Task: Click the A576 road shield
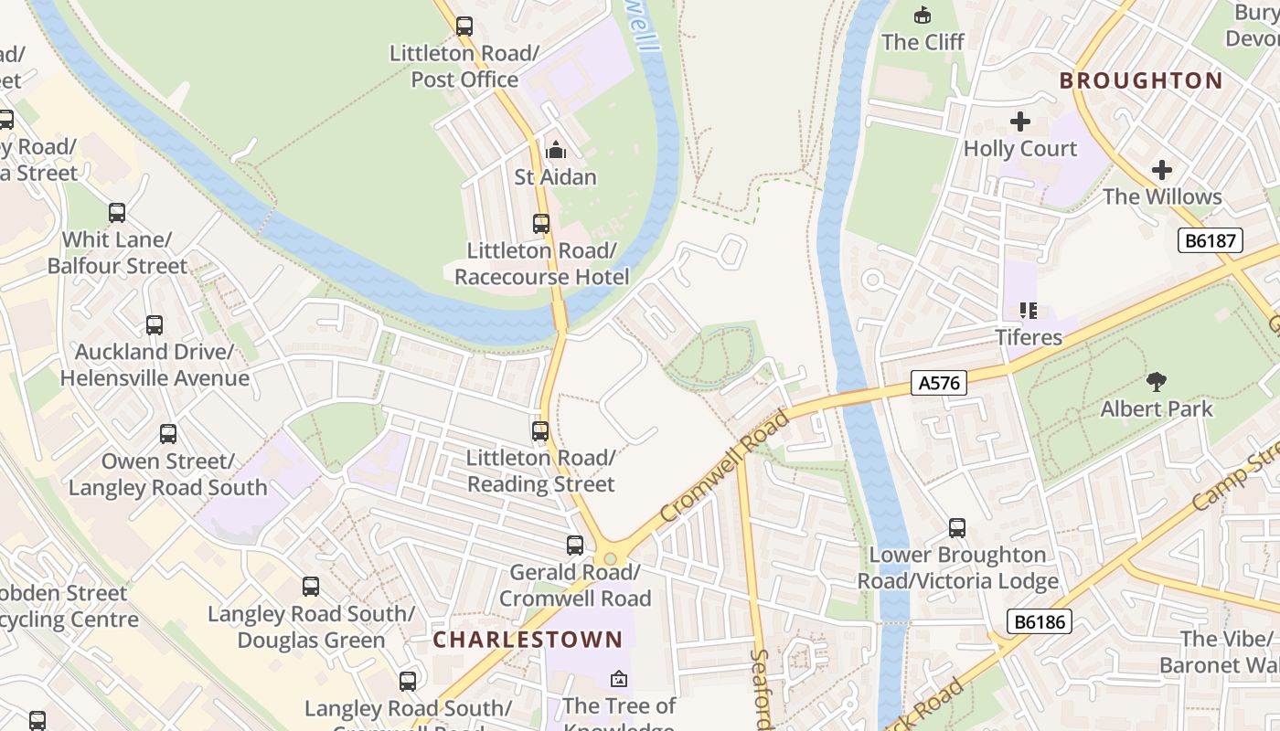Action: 939,383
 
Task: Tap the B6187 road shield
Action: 1210,240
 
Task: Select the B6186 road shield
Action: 1040,621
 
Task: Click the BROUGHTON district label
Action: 1140,80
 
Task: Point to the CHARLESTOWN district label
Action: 534,640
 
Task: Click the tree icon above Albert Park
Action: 1156,381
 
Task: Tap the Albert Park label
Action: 1156,408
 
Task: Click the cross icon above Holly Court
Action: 1020,122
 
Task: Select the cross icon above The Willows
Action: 1161,170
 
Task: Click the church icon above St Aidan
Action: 555,150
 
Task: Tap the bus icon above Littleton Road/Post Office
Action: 464,26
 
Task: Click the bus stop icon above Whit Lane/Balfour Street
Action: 117,213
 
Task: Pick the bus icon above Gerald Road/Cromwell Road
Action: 574,546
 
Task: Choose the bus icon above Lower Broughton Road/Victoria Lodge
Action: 957,528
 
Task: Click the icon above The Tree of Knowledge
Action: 619,679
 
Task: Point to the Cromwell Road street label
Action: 723,466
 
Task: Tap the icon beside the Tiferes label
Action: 1029,311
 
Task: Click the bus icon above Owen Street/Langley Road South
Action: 168,434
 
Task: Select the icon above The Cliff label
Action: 922,15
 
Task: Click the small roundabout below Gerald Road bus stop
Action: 610,559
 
